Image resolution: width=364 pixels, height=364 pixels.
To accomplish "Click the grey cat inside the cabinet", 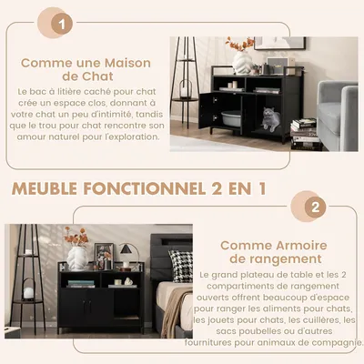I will [271, 116].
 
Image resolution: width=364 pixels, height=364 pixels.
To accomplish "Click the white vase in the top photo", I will [242, 62].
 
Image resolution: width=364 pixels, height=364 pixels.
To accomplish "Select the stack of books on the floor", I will [304, 132].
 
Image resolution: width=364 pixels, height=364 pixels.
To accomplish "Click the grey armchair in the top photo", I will [337, 109].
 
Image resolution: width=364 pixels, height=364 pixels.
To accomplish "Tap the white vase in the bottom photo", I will [78, 258].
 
